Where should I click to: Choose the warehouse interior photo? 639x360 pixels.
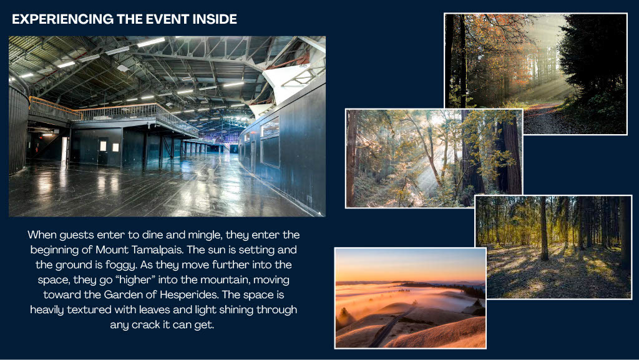(x=167, y=126)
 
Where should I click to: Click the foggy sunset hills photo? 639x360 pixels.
(x=411, y=298)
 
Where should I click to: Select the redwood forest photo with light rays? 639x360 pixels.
(x=434, y=158)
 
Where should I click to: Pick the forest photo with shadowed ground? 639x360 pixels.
(x=554, y=247)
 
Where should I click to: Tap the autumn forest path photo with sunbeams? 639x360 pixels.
(x=535, y=74)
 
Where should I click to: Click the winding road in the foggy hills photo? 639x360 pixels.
(x=391, y=326)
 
